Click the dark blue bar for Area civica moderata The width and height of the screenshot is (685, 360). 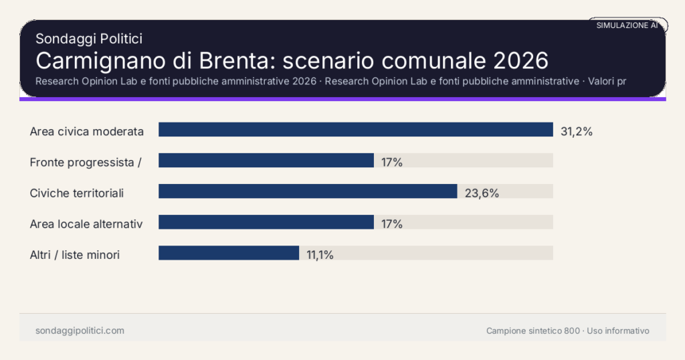[355, 130]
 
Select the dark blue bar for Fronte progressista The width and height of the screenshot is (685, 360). [266, 161]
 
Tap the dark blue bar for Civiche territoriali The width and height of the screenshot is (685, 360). [308, 191]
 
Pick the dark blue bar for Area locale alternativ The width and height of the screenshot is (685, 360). [266, 222]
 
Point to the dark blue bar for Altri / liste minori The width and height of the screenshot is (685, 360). [228, 253]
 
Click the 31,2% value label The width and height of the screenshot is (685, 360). [577, 131]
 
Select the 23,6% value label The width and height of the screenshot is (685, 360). [482, 193]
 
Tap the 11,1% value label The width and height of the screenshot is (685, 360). [320, 255]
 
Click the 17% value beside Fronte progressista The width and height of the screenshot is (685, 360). [392, 162]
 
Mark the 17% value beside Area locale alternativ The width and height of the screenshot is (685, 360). [392, 224]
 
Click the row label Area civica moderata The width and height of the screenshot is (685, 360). [87, 132]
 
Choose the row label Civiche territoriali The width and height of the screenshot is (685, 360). [77, 193]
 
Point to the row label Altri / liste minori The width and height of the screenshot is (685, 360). [75, 255]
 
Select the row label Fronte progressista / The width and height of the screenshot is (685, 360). [86, 162]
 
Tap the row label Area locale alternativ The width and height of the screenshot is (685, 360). [86, 224]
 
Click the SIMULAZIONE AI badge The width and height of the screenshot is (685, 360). [627, 25]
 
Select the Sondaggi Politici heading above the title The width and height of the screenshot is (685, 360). [89, 39]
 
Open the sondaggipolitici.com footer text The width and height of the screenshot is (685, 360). [80, 331]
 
